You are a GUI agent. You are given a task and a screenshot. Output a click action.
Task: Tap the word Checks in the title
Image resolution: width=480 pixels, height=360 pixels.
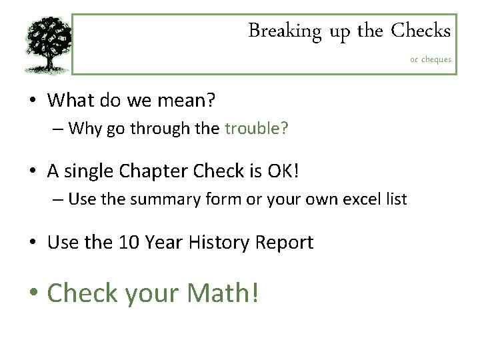coord(421,31)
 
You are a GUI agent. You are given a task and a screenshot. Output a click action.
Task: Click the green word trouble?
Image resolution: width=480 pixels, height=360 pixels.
coord(257,128)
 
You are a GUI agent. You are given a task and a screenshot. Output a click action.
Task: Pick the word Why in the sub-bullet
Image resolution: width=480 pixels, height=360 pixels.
coord(84,128)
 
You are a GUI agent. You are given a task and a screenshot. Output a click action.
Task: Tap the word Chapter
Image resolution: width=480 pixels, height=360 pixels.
coord(153,171)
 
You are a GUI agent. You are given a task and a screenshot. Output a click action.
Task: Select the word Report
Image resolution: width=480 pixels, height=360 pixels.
coord(285,243)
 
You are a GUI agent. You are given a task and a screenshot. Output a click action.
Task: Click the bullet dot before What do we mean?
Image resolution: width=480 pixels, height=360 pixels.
coord(33,101)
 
